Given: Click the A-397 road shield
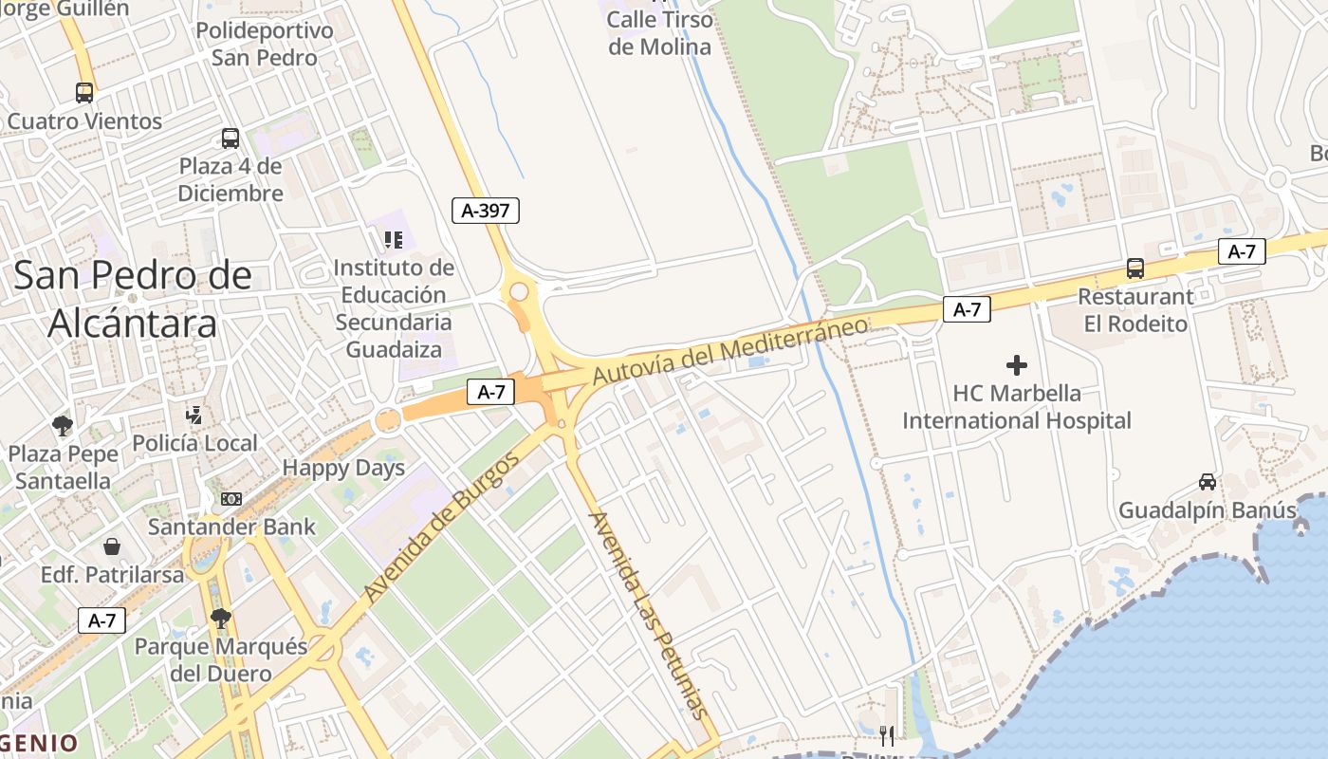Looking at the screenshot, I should pyautogui.click(x=486, y=211).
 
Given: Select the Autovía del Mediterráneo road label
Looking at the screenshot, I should pyautogui.click(x=730, y=351).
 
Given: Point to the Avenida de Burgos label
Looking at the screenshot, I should pyautogui.click(x=443, y=527).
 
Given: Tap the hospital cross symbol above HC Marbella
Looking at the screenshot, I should pyautogui.click(x=1017, y=364).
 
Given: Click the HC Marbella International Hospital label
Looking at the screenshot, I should pyautogui.click(x=1017, y=407).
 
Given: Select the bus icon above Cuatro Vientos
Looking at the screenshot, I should pyautogui.click(x=84, y=93).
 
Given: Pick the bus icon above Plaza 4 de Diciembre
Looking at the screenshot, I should pyautogui.click(x=231, y=139).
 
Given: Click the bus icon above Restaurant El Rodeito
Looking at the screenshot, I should pyautogui.click(x=1135, y=268).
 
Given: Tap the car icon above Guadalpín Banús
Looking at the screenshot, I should pyautogui.click(x=1208, y=482).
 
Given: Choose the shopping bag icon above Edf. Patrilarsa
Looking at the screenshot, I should pyautogui.click(x=112, y=546).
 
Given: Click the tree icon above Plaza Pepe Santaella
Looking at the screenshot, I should pyautogui.click(x=64, y=425).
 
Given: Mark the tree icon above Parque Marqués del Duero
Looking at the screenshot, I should pyautogui.click(x=221, y=619).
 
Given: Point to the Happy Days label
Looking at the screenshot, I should pyautogui.click(x=343, y=468).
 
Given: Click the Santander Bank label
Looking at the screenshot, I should pyautogui.click(x=232, y=527).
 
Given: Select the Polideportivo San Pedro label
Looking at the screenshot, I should pyautogui.click(x=265, y=45).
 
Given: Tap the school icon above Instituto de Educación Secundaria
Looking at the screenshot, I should pyautogui.click(x=394, y=239).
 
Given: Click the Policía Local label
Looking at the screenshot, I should pyautogui.click(x=194, y=443).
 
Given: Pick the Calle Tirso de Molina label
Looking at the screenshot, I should pyautogui.click(x=659, y=33).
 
